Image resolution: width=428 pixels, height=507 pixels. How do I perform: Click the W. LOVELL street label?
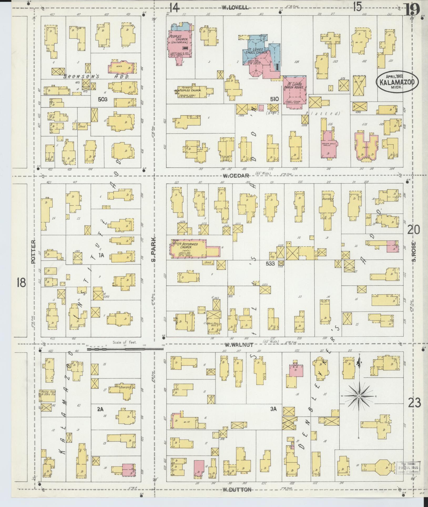pos(235,8)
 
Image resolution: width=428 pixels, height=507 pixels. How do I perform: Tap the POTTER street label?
pos(33,252)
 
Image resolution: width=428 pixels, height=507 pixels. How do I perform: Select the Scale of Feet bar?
pos(125,349)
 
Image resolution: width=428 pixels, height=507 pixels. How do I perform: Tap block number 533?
pos(270,263)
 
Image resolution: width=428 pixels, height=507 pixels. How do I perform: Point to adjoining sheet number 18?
pos(21,283)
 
